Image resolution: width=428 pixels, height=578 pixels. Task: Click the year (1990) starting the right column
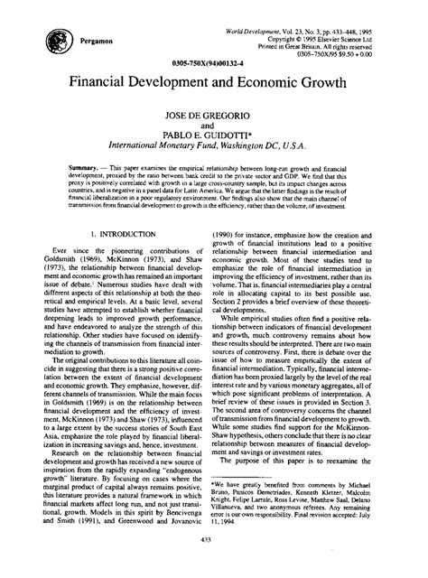[242, 259]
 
